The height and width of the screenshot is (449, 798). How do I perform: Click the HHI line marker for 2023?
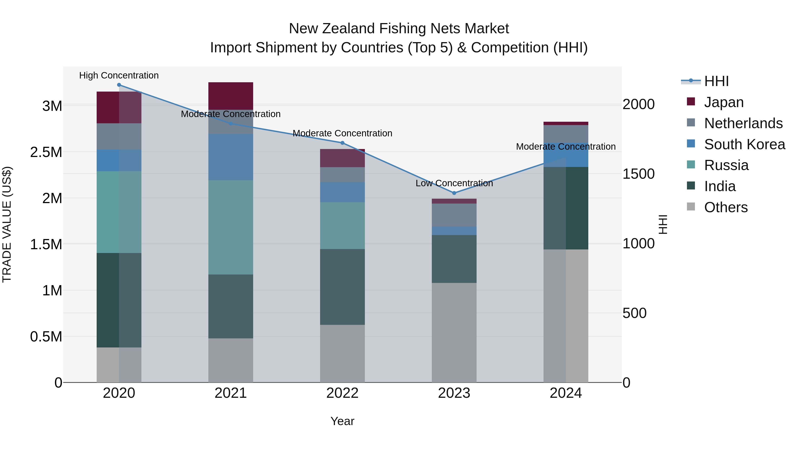click(x=454, y=193)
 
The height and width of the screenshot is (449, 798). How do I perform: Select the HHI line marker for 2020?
click(x=119, y=85)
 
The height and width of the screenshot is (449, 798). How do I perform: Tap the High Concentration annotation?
click(x=119, y=76)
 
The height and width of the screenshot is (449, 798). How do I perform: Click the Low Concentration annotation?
click(x=454, y=183)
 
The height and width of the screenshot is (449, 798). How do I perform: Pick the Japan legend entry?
click(x=724, y=102)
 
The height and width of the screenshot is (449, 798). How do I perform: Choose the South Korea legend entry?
click(x=744, y=144)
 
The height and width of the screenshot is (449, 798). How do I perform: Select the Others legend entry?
click(x=726, y=207)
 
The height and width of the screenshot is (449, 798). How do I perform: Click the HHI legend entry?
click(x=716, y=81)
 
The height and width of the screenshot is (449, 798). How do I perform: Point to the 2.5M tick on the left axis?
click(x=46, y=152)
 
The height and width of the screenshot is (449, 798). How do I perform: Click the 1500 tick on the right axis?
click(x=638, y=174)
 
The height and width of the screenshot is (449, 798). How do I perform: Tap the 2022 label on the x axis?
click(x=342, y=393)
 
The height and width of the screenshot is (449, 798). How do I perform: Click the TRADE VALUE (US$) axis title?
click(x=7, y=224)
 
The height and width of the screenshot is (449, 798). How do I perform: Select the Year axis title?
click(x=342, y=421)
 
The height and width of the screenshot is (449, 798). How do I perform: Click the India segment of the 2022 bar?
click(x=342, y=287)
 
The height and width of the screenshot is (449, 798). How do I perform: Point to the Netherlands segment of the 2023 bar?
click(x=454, y=215)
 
